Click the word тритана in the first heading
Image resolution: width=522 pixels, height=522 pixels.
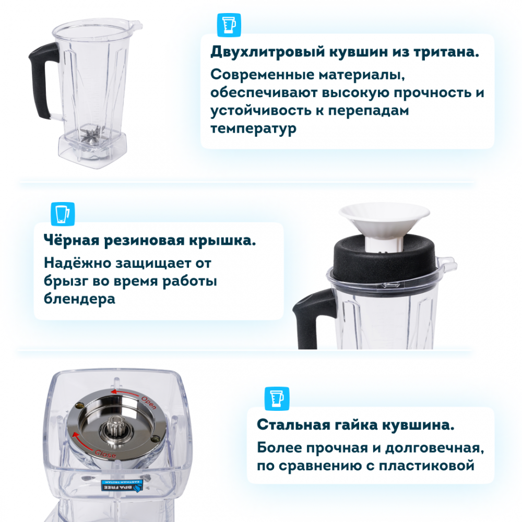pos(446,52)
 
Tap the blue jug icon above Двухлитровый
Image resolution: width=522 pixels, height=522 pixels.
pos(229,25)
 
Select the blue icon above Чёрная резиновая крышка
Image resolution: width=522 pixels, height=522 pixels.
pos(63,213)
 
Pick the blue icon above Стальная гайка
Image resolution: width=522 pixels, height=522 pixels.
pos(277,398)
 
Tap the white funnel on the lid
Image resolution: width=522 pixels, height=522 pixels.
pos(384,227)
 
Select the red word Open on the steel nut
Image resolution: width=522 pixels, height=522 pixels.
pos(148,402)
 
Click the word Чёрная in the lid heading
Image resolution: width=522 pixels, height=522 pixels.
pos(72,240)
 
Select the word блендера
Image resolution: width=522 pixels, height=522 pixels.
pos(79,299)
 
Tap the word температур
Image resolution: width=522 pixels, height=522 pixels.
pos(253,129)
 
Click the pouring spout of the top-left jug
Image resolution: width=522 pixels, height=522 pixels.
pos(136,25)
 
